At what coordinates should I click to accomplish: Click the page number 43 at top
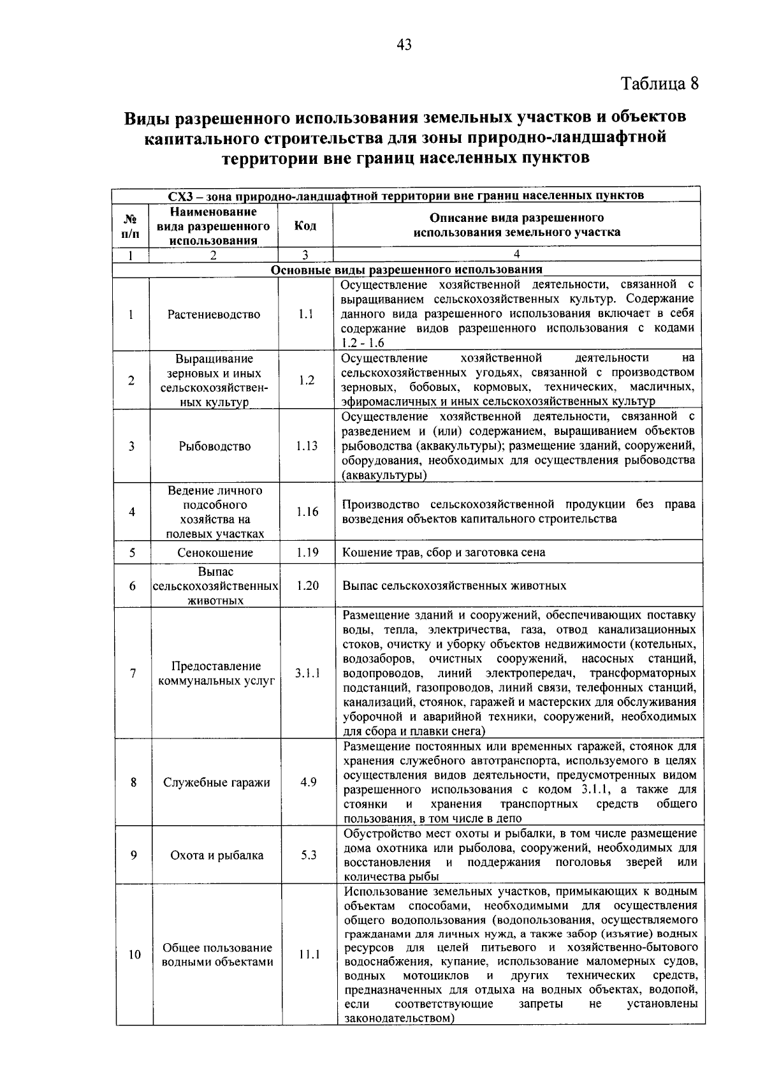click(x=404, y=44)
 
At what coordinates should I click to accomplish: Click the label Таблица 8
click(x=660, y=84)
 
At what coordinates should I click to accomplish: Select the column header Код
click(x=305, y=226)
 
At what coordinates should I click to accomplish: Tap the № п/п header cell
click(x=129, y=226)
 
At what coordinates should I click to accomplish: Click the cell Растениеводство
click(x=214, y=314)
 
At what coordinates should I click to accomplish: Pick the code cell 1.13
click(x=307, y=446)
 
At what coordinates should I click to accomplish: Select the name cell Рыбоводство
click(x=215, y=446)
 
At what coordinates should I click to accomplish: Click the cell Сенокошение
click(x=215, y=552)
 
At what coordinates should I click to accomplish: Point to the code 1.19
click(x=307, y=552)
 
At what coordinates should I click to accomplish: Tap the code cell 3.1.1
click(x=307, y=673)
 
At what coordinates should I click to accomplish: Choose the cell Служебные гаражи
click(x=216, y=782)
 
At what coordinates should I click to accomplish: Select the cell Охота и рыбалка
click(x=217, y=856)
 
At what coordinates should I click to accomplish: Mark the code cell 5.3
click(x=309, y=855)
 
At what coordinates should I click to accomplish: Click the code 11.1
click(x=309, y=955)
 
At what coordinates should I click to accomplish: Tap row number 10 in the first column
click(x=135, y=955)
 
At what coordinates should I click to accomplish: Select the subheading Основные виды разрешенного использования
click(x=407, y=270)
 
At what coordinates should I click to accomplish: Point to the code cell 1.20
click(x=307, y=585)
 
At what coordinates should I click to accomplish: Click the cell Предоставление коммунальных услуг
click(x=216, y=673)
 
